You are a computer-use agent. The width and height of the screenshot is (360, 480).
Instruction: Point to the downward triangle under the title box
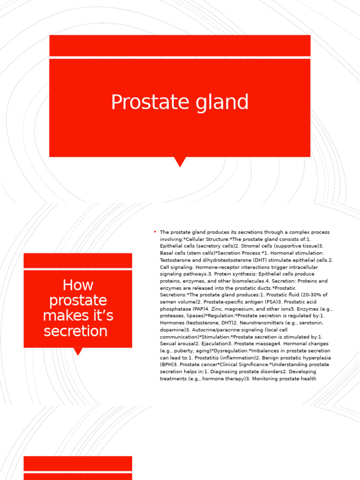pos(180,162)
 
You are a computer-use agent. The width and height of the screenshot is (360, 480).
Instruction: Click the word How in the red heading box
pos(78,285)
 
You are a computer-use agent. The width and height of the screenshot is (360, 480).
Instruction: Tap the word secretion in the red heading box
pos(75,331)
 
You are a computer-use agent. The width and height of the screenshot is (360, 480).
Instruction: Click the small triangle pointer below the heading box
pos(78,351)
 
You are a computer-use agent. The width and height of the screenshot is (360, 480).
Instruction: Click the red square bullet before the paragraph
pos(154,232)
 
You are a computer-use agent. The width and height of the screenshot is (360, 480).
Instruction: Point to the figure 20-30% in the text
pos(309,295)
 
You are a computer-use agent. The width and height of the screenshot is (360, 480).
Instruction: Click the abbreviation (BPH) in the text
pos(167,364)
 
